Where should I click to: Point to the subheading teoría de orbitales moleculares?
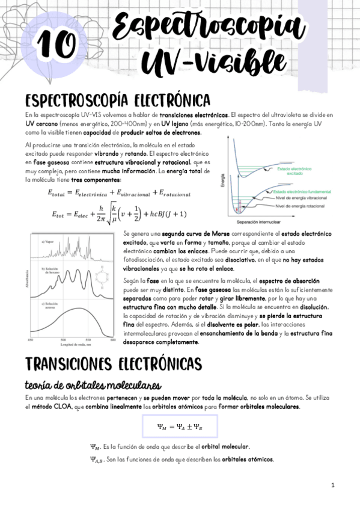[92, 384]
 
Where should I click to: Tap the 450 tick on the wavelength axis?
[31, 340]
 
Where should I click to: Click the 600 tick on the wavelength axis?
[112, 340]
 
